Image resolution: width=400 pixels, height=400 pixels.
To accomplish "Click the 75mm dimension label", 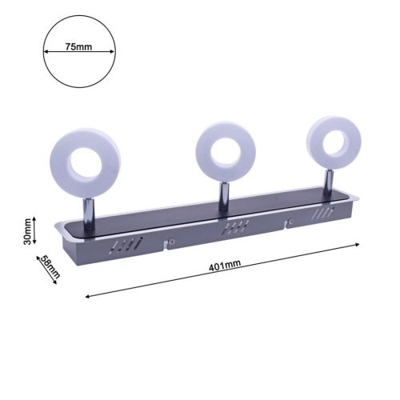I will click(78, 47).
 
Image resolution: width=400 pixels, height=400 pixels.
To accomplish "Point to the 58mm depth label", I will click(50, 267).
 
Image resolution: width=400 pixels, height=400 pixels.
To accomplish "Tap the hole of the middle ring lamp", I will click(223, 150).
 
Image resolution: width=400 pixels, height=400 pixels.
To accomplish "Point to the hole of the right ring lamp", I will click(332, 141).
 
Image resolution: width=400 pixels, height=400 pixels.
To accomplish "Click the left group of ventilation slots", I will click(128, 245).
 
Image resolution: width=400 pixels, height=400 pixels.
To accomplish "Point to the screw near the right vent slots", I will click(292, 223).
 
